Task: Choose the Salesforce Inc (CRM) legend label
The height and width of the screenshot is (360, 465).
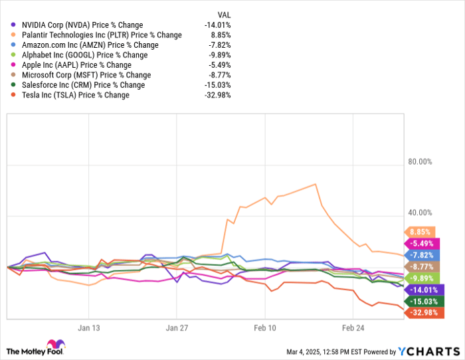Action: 82,85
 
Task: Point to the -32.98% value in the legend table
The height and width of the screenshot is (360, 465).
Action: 217,95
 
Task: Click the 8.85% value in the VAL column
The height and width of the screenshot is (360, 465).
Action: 220,35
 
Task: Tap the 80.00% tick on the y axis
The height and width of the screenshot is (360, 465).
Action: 419,161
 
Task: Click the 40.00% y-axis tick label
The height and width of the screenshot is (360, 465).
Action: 419,213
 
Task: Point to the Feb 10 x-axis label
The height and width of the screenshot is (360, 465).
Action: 264,327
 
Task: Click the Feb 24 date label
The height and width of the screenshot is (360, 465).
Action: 353,327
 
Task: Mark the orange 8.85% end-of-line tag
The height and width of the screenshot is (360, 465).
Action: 420,232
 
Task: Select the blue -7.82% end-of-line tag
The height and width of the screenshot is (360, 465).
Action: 420,255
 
